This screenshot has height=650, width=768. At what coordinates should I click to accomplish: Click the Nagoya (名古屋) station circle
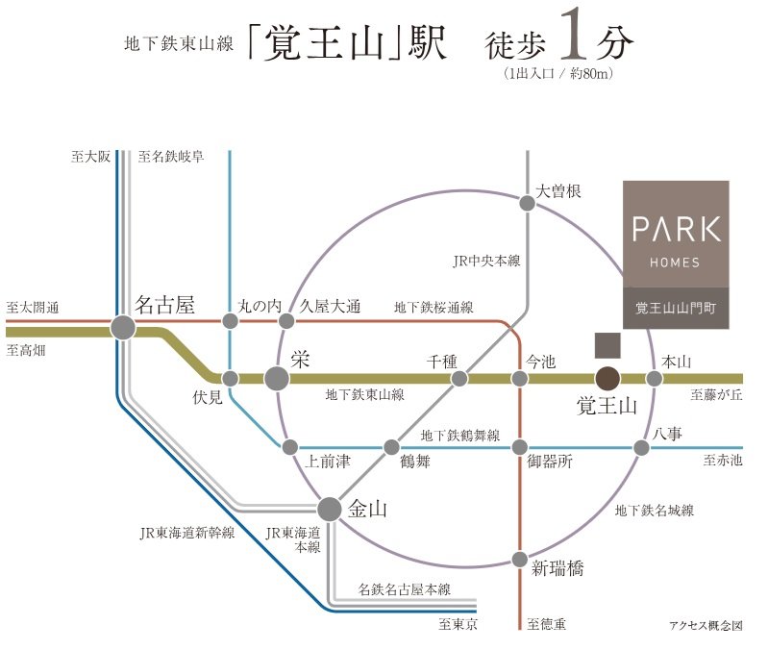click(123, 327)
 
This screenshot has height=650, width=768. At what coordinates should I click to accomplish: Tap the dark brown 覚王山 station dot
click(607, 378)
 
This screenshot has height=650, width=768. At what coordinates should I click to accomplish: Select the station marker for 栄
click(277, 378)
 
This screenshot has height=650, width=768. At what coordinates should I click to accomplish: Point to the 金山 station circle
click(330, 510)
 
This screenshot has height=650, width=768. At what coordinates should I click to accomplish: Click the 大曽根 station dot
click(527, 203)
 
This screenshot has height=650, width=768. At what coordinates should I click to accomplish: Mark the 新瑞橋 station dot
click(520, 559)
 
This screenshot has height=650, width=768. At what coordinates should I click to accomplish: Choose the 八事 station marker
click(641, 447)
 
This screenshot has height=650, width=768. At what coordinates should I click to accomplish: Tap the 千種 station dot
click(459, 378)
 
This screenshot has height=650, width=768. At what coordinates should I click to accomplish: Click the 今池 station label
click(541, 362)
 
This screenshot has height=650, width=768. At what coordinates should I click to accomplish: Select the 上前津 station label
click(328, 461)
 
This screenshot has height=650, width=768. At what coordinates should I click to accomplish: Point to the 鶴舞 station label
click(415, 461)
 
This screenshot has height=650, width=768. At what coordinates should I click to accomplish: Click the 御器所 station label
click(550, 461)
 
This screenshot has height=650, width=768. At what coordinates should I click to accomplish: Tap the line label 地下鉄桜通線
click(434, 308)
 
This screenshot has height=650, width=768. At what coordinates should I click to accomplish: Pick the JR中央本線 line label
click(486, 261)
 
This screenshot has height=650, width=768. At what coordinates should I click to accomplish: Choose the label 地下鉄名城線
click(655, 511)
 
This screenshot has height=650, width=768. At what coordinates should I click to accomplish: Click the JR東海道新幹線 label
click(187, 533)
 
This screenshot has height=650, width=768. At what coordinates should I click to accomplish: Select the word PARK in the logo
click(677, 229)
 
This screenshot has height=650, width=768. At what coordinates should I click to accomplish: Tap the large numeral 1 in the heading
click(574, 34)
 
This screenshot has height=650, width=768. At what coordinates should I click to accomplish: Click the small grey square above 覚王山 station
click(607, 345)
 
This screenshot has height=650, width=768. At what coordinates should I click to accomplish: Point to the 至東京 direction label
click(458, 624)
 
